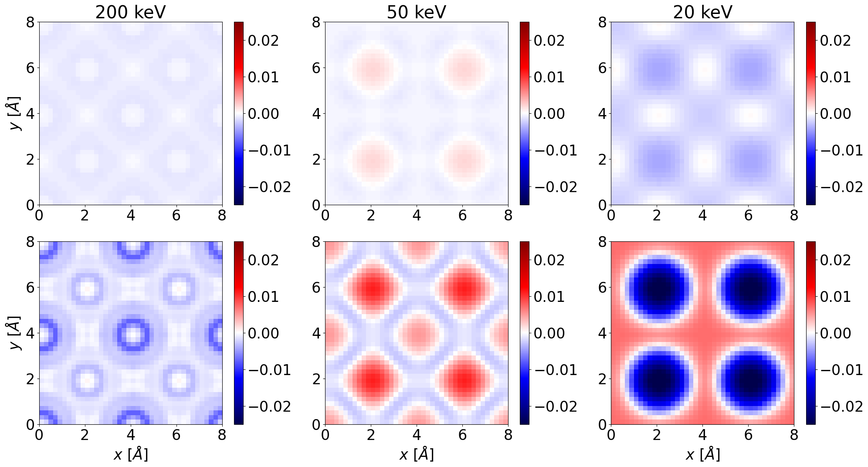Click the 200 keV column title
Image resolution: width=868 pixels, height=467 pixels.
click(130, 12)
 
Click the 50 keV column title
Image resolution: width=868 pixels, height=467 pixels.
click(416, 12)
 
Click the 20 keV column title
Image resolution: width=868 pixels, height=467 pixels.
click(702, 12)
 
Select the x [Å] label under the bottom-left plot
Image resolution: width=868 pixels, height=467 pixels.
click(130, 454)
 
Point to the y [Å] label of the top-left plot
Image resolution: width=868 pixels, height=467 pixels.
click(16, 114)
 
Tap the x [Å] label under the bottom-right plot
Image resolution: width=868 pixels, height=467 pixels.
click(702, 454)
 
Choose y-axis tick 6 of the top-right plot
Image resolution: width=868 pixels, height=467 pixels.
click(602, 68)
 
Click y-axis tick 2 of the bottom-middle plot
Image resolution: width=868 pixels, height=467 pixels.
click(317, 379)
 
